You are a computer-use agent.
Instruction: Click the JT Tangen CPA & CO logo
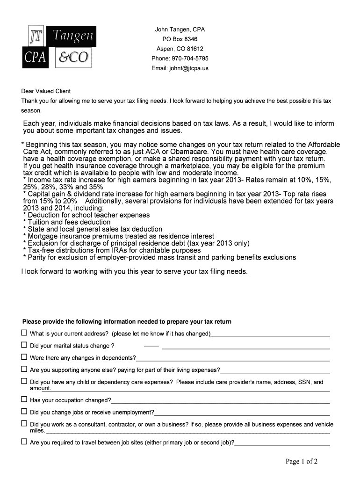(x=59, y=47)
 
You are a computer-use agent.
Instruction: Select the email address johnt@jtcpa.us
(x=180, y=68)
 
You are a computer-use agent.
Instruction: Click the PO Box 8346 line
(x=180, y=39)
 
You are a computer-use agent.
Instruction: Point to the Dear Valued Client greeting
(x=46, y=91)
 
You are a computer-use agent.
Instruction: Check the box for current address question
(x=24, y=333)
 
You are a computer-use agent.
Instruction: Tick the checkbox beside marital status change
(x=24, y=345)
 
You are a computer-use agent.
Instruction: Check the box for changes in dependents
(x=24, y=357)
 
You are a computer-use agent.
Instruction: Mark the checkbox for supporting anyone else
(x=24, y=370)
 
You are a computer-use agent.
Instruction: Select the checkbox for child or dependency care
(x=24, y=382)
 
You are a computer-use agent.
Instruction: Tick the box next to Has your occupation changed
(x=24, y=399)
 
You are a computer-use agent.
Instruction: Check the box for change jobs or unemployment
(x=24, y=412)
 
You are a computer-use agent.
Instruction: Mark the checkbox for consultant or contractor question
(x=24, y=424)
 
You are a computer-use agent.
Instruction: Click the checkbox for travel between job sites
(x=24, y=442)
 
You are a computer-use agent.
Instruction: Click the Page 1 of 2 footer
(x=302, y=462)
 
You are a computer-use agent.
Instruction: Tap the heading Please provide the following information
(x=127, y=322)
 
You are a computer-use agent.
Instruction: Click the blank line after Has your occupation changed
(x=220, y=401)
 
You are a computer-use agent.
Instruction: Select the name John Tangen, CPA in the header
(x=180, y=29)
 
